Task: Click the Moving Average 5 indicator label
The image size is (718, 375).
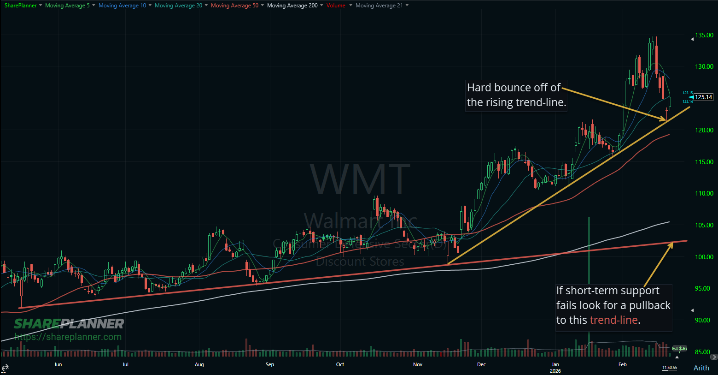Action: (x=67, y=6)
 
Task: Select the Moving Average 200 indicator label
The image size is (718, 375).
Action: (x=292, y=6)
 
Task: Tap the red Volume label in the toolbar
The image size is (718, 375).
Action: (x=336, y=6)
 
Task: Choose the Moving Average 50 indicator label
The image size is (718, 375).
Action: (x=234, y=6)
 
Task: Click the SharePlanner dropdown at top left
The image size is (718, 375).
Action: (x=21, y=6)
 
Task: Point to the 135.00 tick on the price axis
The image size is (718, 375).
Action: (x=704, y=35)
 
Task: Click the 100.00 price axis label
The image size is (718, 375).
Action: (x=704, y=257)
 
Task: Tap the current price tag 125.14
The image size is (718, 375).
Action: (x=704, y=97)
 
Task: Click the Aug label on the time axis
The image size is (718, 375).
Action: (x=199, y=364)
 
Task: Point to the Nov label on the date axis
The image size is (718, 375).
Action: (x=418, y=364)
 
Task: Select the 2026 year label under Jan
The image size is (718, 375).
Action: (x=555, y=371)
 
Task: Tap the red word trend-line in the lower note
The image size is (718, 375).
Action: (x=614, y=320)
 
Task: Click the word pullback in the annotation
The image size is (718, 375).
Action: (x=650, y=305)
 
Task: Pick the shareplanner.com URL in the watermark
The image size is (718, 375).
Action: (x=68, y=337)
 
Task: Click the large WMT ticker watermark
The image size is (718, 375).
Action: (x=360, y=179)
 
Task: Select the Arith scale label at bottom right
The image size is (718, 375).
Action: (x=701, y=368)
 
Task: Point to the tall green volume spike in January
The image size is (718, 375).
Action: (x=589, y=286)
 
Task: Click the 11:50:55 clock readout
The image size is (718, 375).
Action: (x=669, y=368)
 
